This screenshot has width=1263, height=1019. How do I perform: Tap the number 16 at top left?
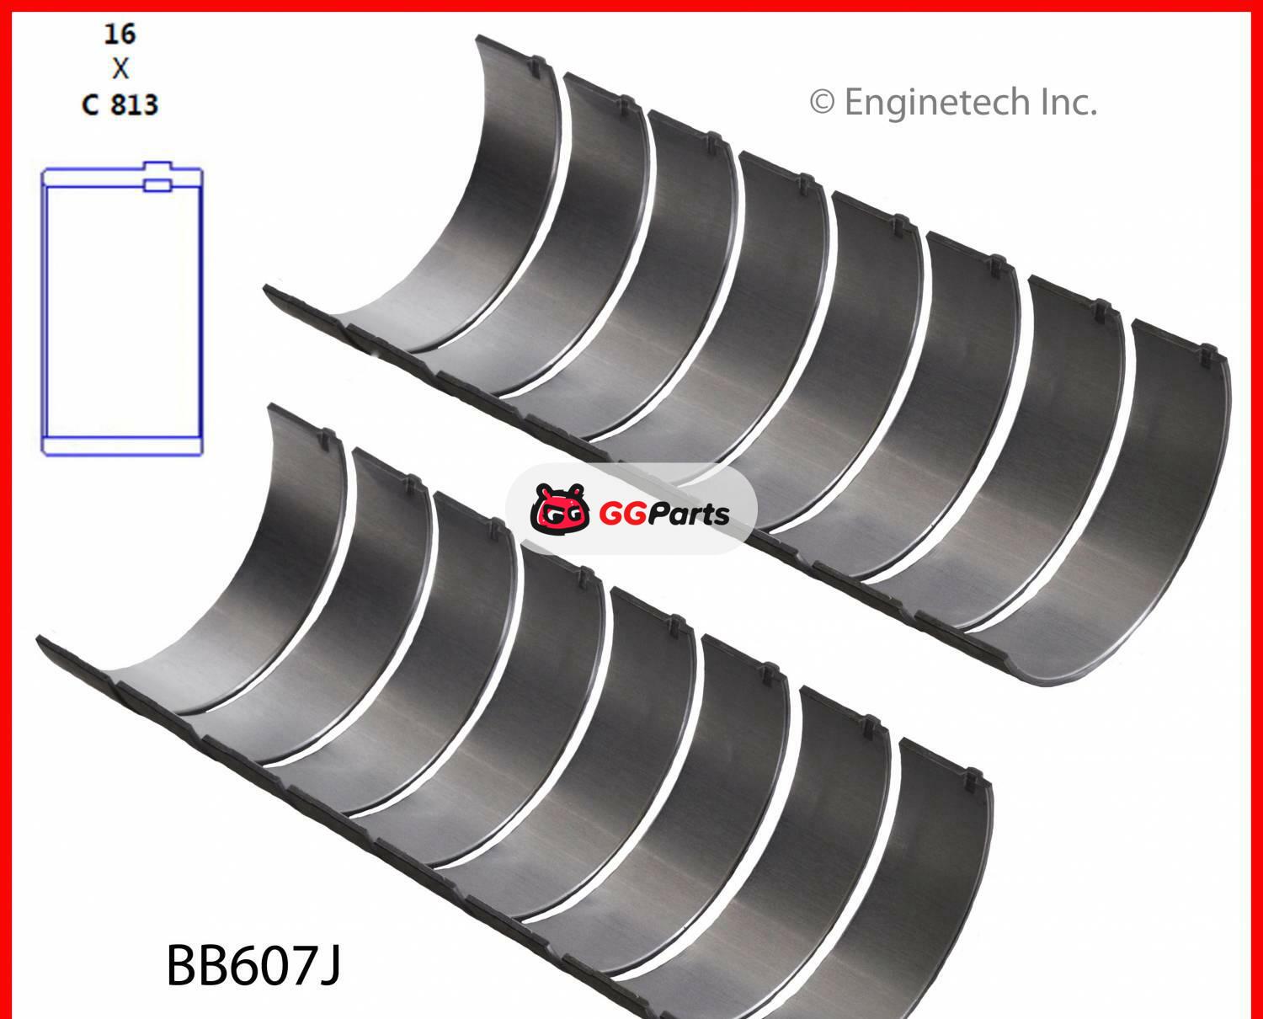tap(120, 34)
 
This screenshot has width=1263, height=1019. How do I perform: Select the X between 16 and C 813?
tap(120, 68)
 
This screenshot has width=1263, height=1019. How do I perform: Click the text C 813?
tap(120, 104)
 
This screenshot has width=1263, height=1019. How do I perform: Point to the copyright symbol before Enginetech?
tap(822, 103)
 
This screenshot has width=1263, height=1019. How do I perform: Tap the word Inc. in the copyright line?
tap(1069, 103)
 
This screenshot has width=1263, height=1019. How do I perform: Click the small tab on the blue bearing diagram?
tap(157, 183)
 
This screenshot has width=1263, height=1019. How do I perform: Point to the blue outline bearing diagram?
tap(122, 312)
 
